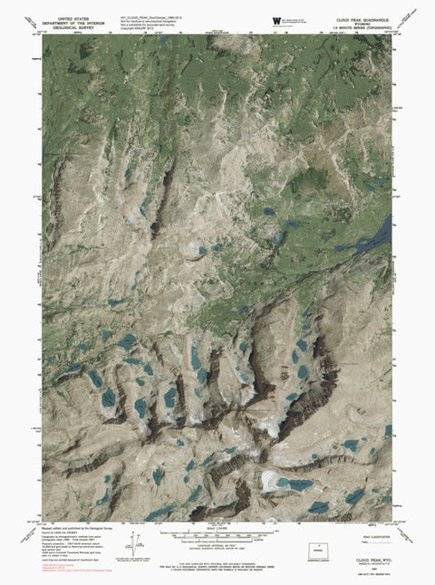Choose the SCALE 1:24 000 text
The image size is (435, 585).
217,529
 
